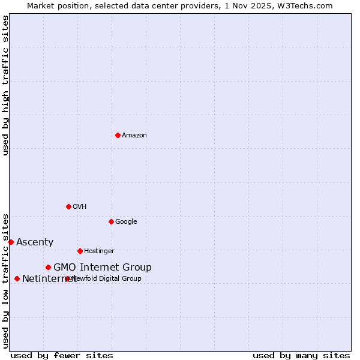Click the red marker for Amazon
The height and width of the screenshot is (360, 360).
(118, 135)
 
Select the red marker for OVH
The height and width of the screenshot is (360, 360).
(68, 206)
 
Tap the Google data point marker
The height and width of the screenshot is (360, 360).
(111, 221)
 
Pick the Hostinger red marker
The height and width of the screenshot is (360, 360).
(80, 251)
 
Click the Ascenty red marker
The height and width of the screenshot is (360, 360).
(11, 242)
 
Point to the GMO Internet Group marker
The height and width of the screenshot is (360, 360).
(48, 267)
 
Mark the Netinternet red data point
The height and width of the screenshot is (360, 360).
(17, 278)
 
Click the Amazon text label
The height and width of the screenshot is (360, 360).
(134, 136)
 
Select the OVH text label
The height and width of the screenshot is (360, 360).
(80, 207)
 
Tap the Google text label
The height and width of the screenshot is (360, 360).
(126, 222)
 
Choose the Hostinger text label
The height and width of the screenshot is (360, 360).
(99, 251)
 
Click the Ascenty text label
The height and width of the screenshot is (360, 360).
(35, 242)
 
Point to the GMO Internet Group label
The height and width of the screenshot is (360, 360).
(103, 268)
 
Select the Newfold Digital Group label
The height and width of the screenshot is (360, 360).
(109, 279)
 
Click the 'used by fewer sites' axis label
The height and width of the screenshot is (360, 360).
(62, 355)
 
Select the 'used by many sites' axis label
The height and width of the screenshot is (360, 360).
(301, 355)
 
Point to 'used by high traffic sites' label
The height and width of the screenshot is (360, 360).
(5, 85)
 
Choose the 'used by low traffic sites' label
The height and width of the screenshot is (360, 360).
(5, 280)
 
